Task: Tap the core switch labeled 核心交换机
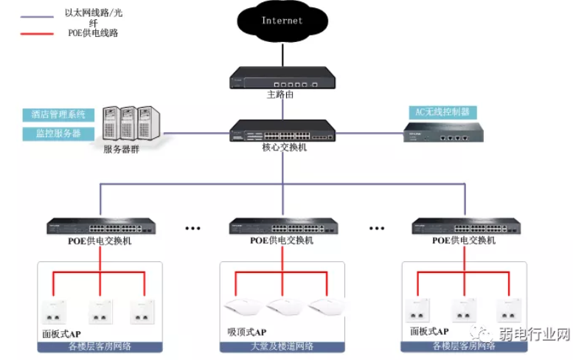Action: (x=282, y=131)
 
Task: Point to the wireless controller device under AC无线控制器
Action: (x=442, y=133)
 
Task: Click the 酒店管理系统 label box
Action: (x=59, y=115)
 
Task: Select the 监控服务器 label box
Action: (x=59, y=134)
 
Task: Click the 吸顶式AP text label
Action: (x=248, y=333)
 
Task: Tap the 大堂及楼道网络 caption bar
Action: (x=283, y=347)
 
